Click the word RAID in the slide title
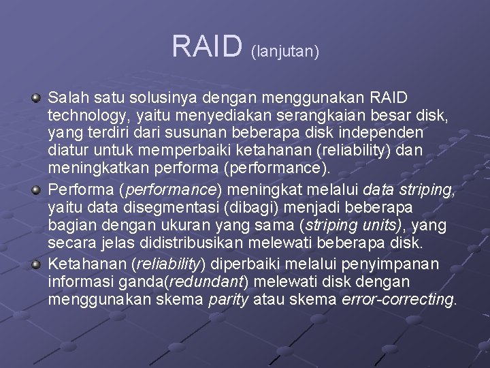click(207, 46)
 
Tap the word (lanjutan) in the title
click(285, 50)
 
